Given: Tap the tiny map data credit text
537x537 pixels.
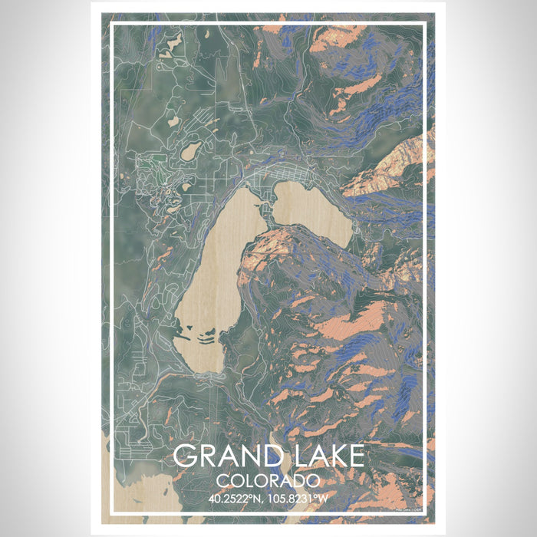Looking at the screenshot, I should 410,509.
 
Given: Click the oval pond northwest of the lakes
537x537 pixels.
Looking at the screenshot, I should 190,150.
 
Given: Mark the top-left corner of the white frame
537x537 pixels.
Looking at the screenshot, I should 112,25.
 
